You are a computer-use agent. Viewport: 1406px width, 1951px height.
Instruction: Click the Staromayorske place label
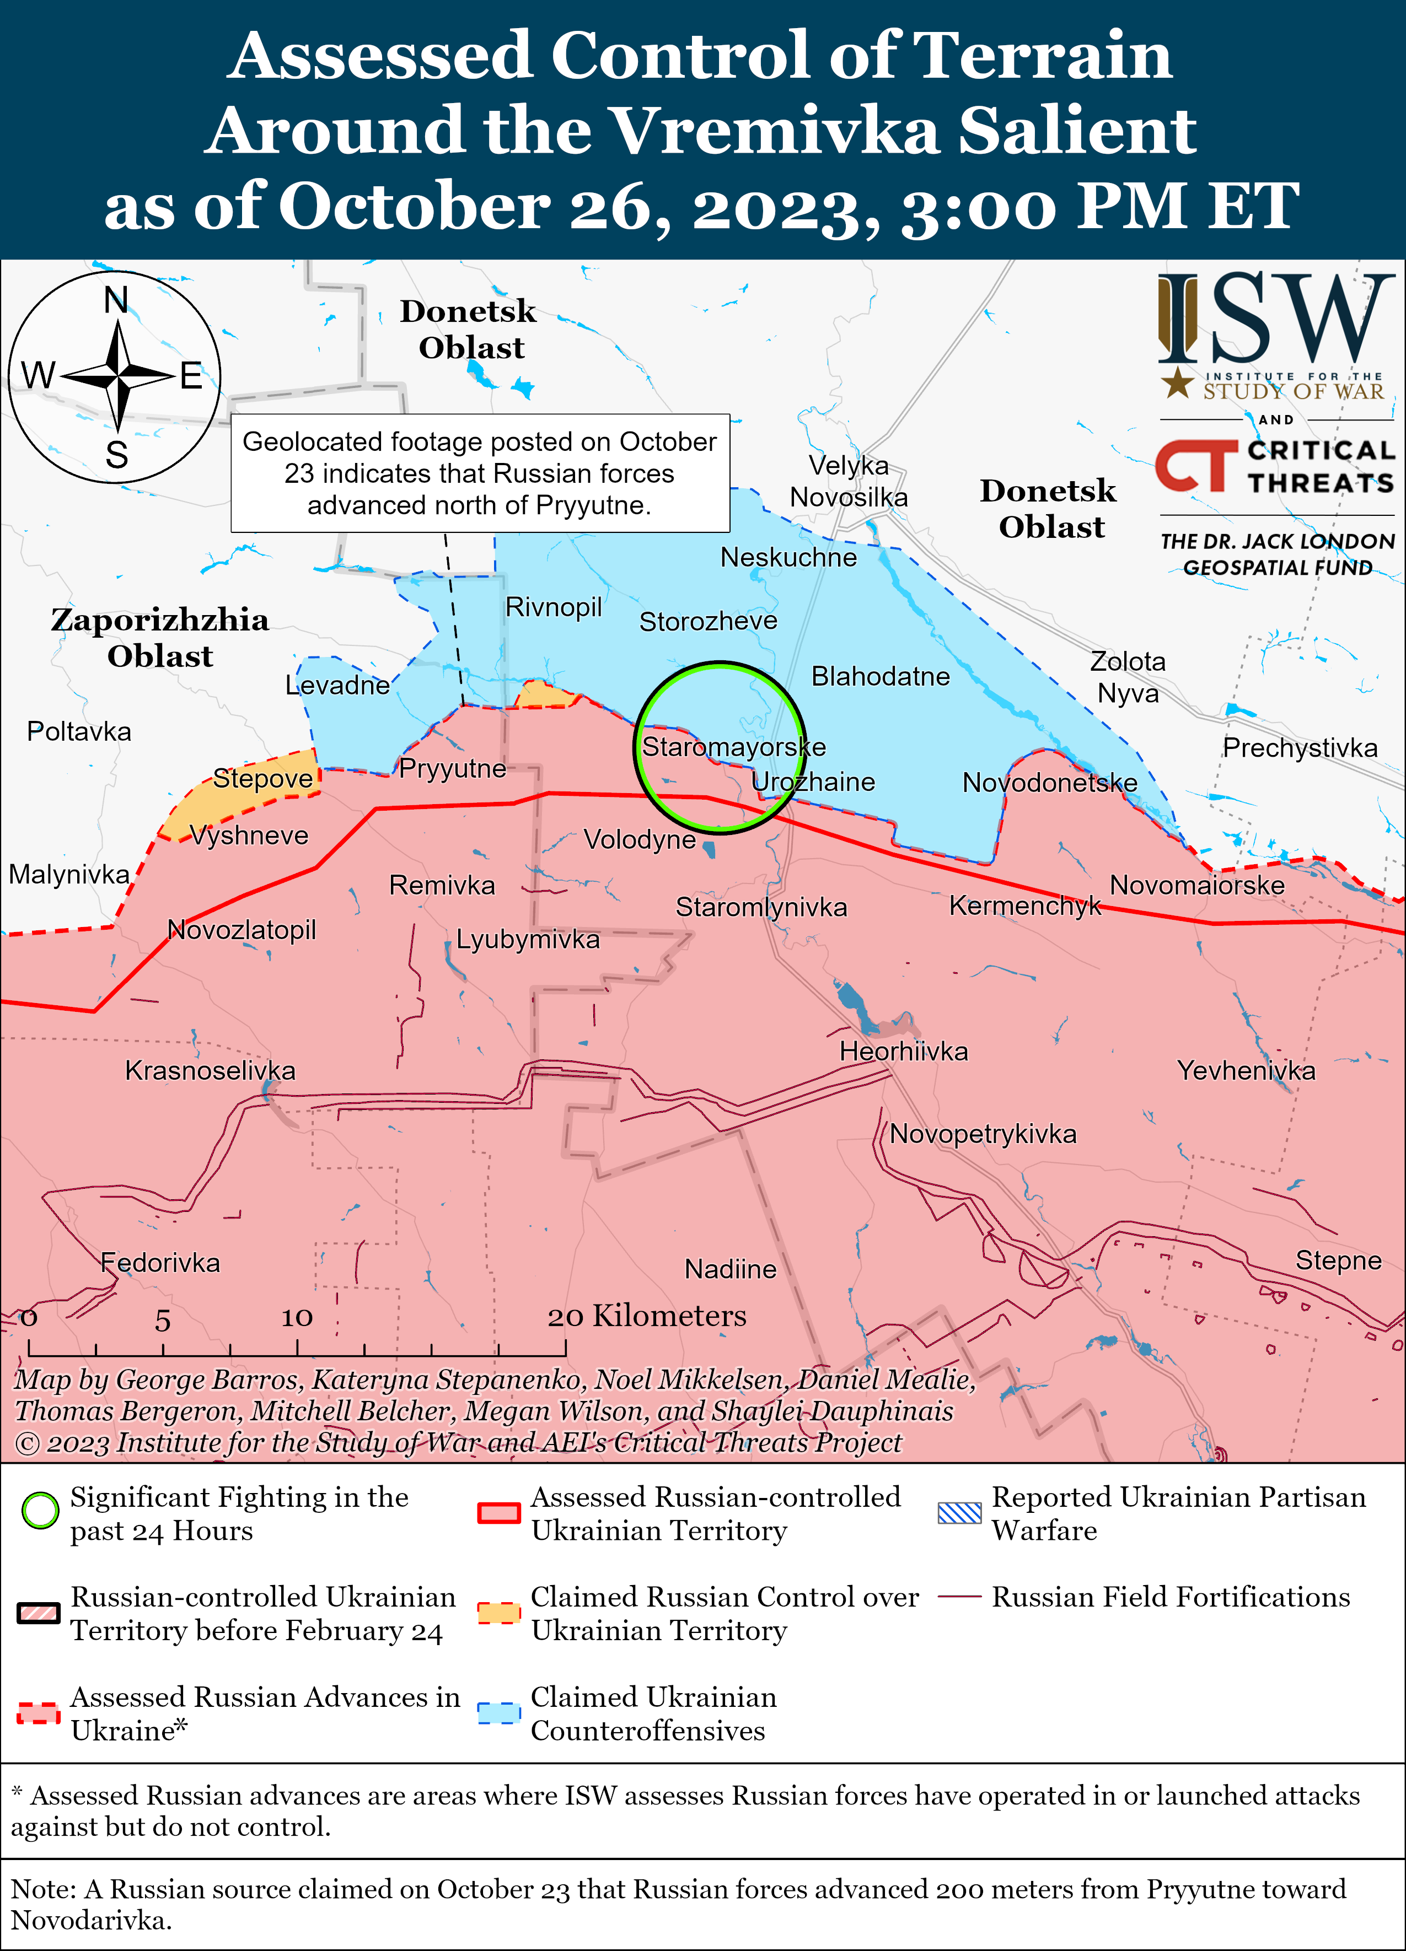(733, 747)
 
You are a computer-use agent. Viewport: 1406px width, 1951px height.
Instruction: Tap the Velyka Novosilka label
(849, 482)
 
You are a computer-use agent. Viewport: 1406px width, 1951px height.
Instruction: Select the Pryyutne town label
(453, 768)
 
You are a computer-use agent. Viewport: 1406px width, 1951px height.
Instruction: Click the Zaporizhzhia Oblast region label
(160, 638)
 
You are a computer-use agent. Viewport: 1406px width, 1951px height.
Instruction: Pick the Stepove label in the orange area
(262, 779)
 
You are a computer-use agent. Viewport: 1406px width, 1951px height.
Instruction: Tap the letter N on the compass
(116, 300)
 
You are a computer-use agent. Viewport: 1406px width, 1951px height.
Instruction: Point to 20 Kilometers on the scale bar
(647, 1316)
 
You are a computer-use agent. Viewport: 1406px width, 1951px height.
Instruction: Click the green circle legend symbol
(40, 1511)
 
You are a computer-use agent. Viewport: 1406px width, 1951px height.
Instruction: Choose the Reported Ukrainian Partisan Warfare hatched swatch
(958, 1512)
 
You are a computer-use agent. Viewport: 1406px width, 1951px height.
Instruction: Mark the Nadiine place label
(729, 1269)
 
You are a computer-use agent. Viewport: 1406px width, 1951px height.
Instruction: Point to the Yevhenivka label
(1246, 1071)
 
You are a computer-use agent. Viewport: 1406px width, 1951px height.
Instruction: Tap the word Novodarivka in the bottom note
(91, 1920)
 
